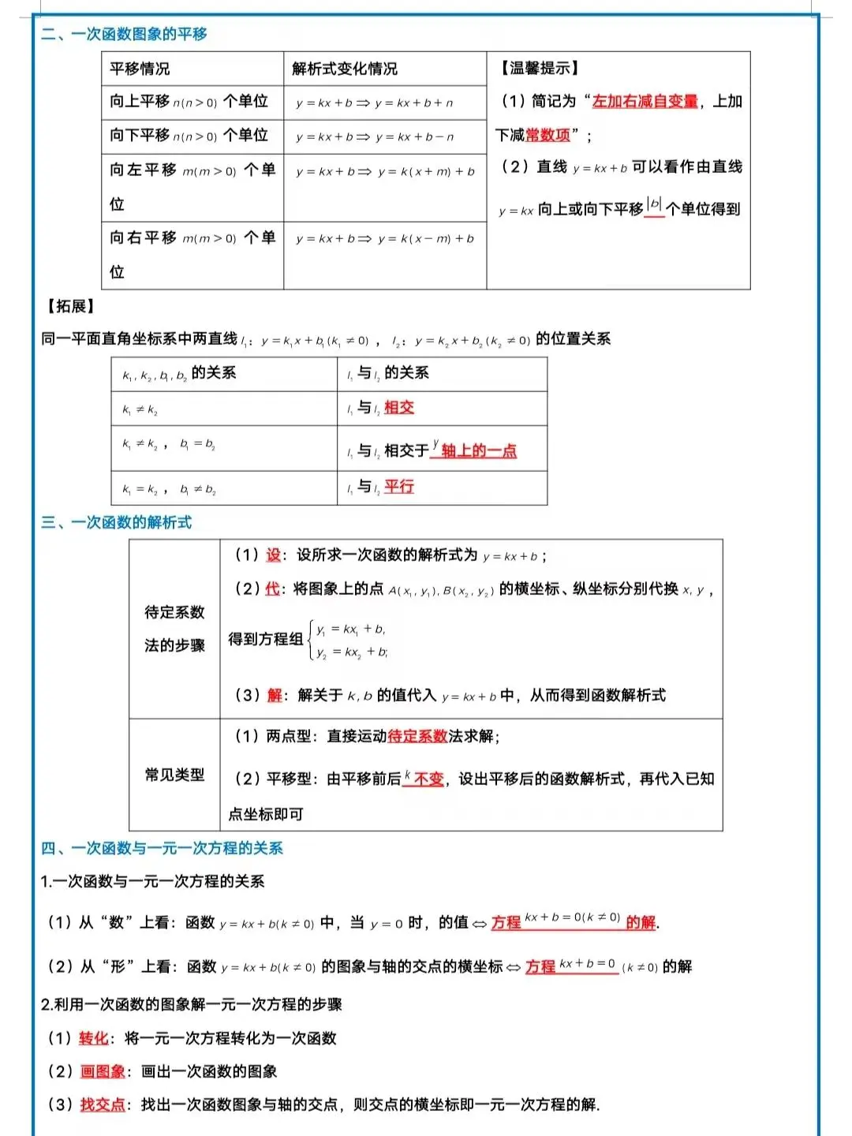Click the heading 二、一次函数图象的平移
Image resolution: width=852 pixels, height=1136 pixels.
(x=124, y=34)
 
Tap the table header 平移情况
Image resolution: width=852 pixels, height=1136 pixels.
(x=140, y=69)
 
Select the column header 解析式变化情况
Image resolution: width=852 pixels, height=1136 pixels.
(x=344, y=69)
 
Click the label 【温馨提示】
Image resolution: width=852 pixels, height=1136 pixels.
(x=538, y=69)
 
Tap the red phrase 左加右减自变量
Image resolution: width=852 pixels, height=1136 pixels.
(x=645, y=101)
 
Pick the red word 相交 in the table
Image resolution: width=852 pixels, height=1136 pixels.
(x=399, y=407)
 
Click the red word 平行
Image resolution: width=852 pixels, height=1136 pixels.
(x=399, y=487)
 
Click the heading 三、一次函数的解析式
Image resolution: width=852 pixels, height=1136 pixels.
(x=116, y=522)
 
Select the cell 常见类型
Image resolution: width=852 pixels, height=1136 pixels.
(x=174, y=775)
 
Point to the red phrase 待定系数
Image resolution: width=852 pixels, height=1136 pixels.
(x=417, y=736)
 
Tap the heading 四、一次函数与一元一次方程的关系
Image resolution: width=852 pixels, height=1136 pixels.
(x=162, y=848)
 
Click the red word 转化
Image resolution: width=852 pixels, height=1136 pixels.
(x=93, y=1038)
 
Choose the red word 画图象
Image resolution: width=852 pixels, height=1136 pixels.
(x=103, y=1071)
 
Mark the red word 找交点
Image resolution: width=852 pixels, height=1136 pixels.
(x=103, y=1104)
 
